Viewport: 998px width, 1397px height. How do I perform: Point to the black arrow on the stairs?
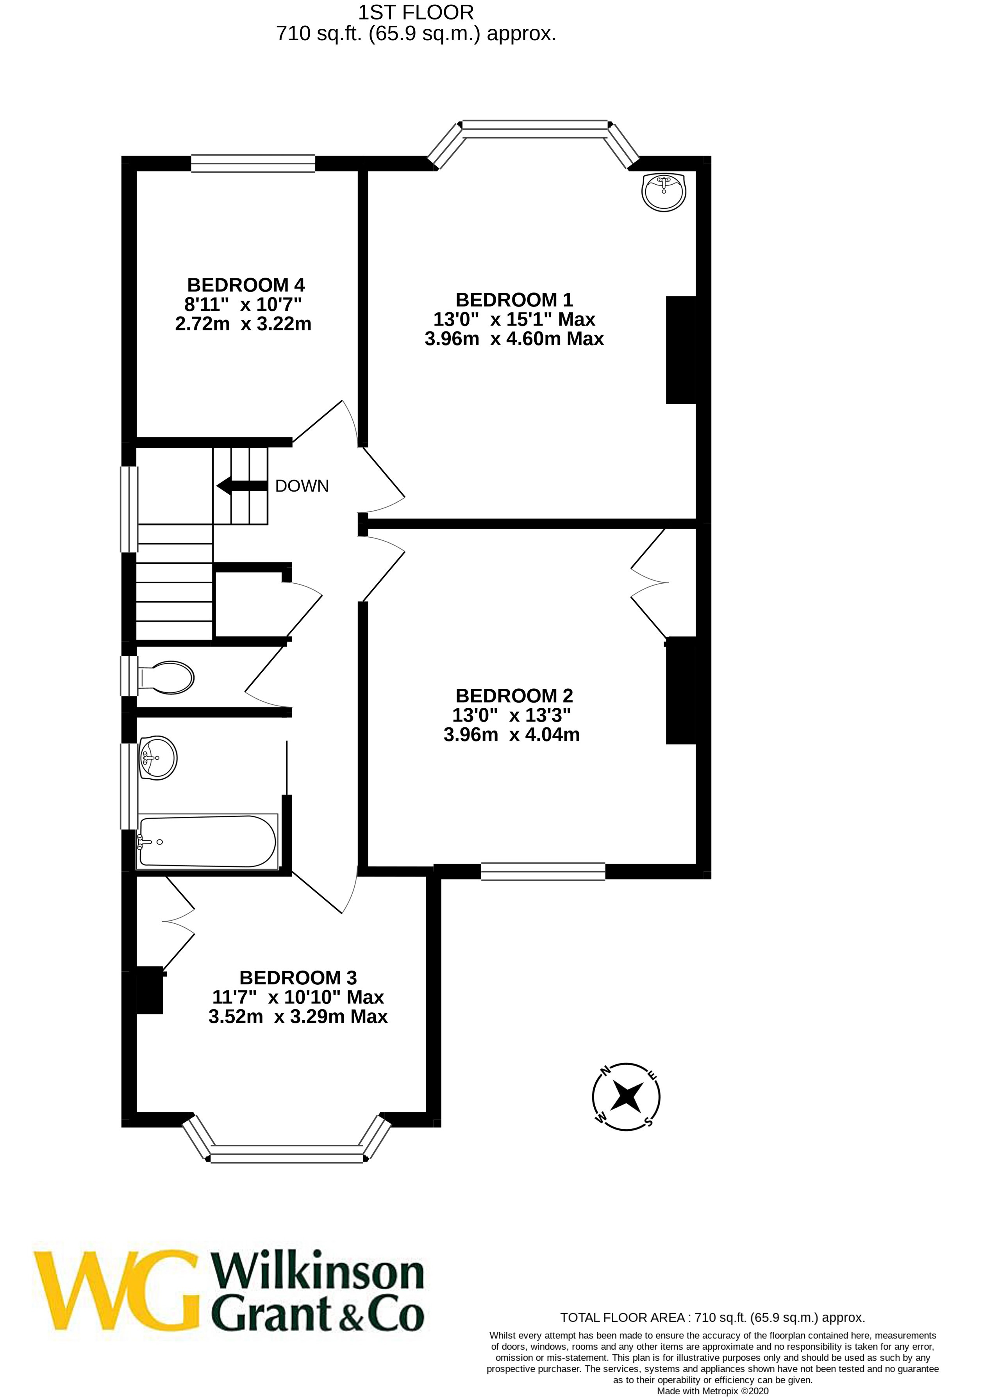(x=241, y=486)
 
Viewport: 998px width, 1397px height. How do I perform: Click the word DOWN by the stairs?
(x=302, y=486)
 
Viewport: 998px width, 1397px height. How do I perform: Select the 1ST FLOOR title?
(x=416, y=12)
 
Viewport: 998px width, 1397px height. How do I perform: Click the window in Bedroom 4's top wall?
(x=253, y=163)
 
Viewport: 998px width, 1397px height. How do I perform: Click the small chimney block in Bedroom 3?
(x=149, y=990)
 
